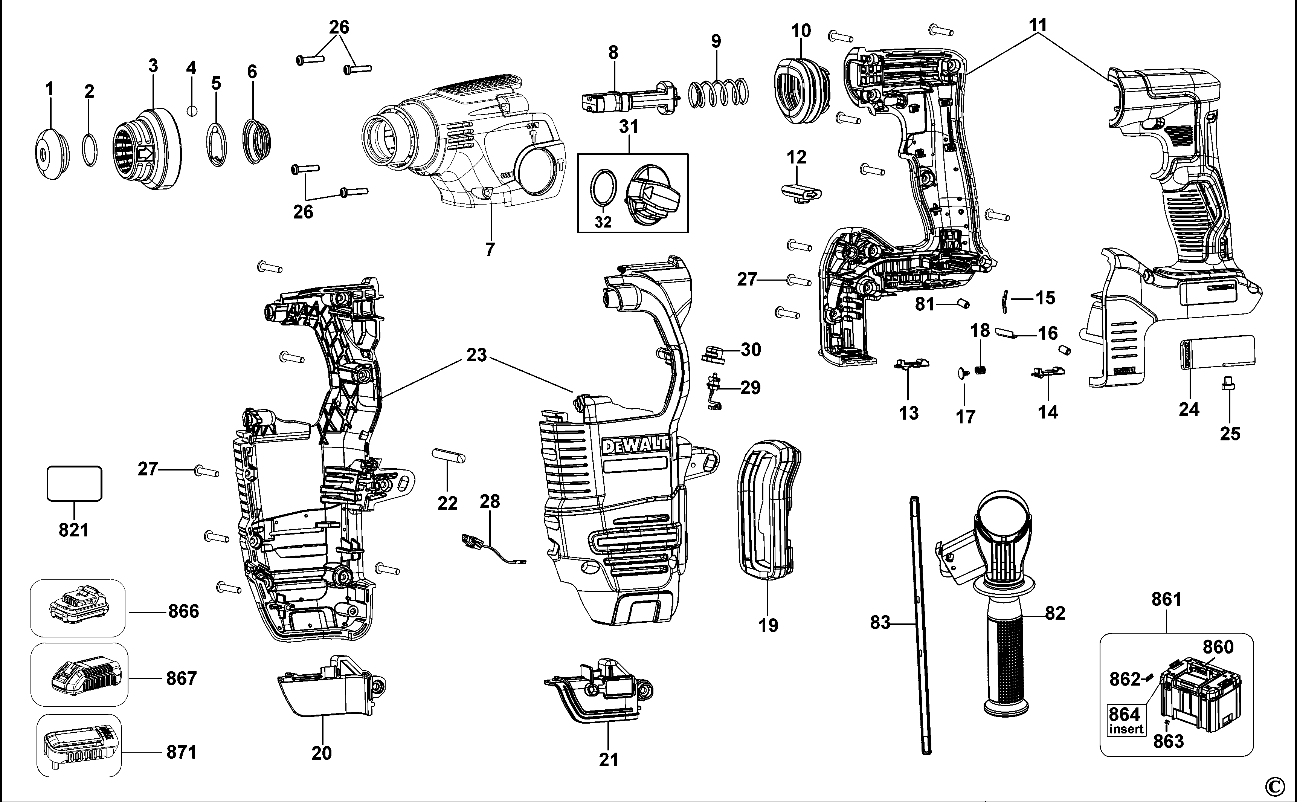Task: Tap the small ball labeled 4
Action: click(x=192, y=110)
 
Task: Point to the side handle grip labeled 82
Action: click(x=1006, y=658)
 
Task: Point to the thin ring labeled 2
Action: click(x=90, y=150)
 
